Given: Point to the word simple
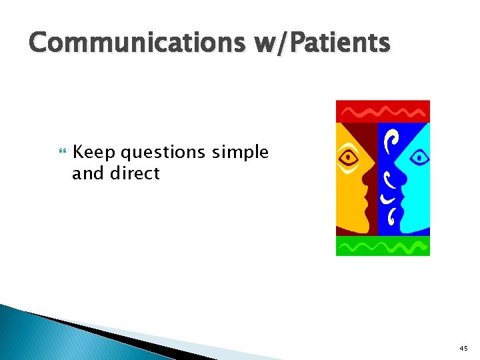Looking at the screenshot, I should pyautogui.click(x=240, y=153).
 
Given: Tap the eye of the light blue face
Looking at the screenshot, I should pyautogui.click(x=419, y=158).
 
